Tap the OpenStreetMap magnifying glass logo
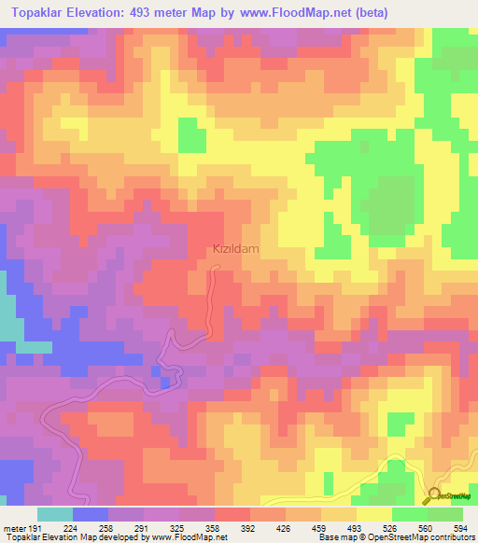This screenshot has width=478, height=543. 434,495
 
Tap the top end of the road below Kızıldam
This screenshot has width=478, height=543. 217,268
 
